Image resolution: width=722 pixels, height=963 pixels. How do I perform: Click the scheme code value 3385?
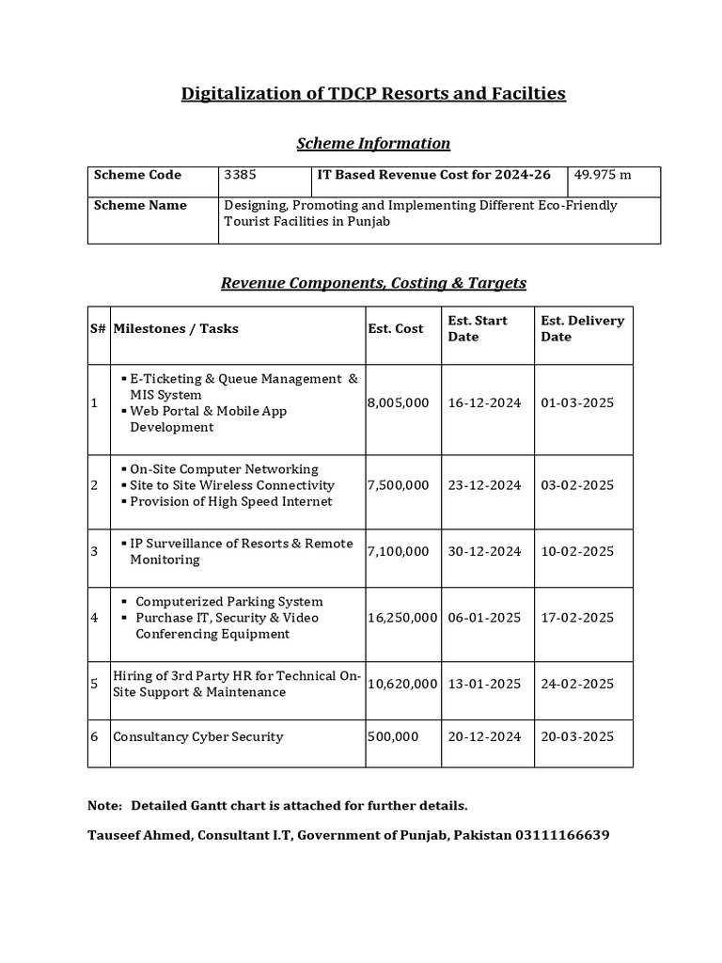coord(240,175)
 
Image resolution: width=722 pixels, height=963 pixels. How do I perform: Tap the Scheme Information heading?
coord(373,143)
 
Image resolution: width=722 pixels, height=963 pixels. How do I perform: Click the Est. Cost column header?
coord(395,328)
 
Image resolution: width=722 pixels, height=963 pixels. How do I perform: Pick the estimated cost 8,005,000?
coord(398,403)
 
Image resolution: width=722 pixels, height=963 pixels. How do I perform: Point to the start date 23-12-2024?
coord(484,485)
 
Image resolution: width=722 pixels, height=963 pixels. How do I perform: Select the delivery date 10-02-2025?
coord(577,551)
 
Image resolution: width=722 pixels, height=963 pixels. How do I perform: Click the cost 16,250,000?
coord(401,617)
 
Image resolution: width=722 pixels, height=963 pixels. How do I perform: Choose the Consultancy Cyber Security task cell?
coord(197,736)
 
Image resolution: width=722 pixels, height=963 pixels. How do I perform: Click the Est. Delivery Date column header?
coord(582,328)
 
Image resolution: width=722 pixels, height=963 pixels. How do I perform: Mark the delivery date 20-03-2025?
coord(577,736)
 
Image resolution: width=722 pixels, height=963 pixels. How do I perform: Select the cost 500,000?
coord(393,736)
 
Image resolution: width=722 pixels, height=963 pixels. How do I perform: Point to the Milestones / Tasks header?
coord(176,328)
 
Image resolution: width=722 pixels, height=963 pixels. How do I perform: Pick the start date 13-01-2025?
coord(484,684)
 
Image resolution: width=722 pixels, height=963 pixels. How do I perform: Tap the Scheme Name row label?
coord(140,205)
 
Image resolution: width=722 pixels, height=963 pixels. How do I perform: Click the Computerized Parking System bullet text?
coord(228,601)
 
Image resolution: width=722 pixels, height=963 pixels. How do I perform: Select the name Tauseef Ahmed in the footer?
coord(138,834)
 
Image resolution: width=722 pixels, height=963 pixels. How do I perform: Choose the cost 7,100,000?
coord(398,551)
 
